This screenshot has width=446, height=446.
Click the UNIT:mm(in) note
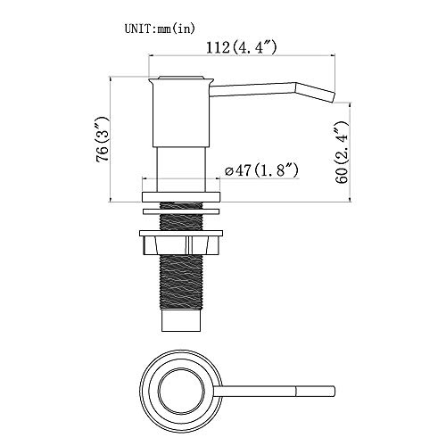click(x=160, y=29)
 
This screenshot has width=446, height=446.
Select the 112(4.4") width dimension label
click(x=241, y=47)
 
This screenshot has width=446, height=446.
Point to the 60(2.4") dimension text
click(x=342, y=153)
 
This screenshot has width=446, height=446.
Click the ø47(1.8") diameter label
click(x=261, y=170)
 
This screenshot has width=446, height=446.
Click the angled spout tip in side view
click(x=315, y=93)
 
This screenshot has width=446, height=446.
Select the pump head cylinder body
click(x=181, y=115)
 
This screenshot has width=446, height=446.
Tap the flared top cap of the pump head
click(x=181, y=79)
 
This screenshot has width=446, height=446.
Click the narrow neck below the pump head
click(x=181, y=169)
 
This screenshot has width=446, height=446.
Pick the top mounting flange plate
click(x=181, y=197)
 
